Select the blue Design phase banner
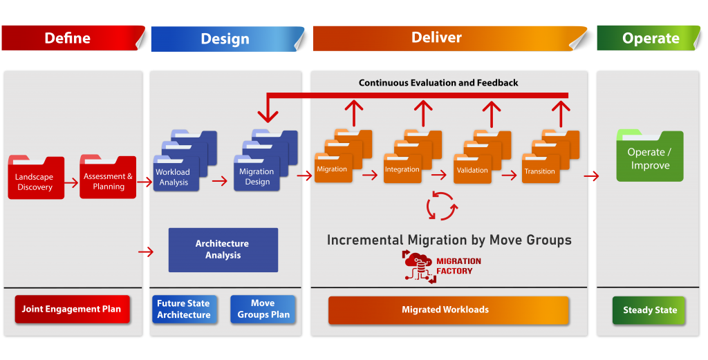click(x=227, y=39)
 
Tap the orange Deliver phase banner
click(x=449, y=38)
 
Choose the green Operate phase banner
click(x=649, y=38)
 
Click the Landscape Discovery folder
click(x=36, y=178)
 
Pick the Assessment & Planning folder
click(x=108, y=177)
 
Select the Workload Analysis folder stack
click(x=185, y=161)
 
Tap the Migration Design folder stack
click(x=265, y=160)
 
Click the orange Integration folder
click(x=412, y=156)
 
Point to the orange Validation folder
click(x=482, y=157)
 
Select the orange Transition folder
click(x=550, y=156)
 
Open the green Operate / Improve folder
click(x=650, y=155)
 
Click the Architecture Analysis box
click(x=223, y=250)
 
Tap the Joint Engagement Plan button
click(x=72, y=310)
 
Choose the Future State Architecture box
click(x=184, y=310)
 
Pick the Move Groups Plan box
click(x=263, y=310)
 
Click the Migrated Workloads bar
click(x=448, y=310)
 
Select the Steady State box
click(x=649, y=310)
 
